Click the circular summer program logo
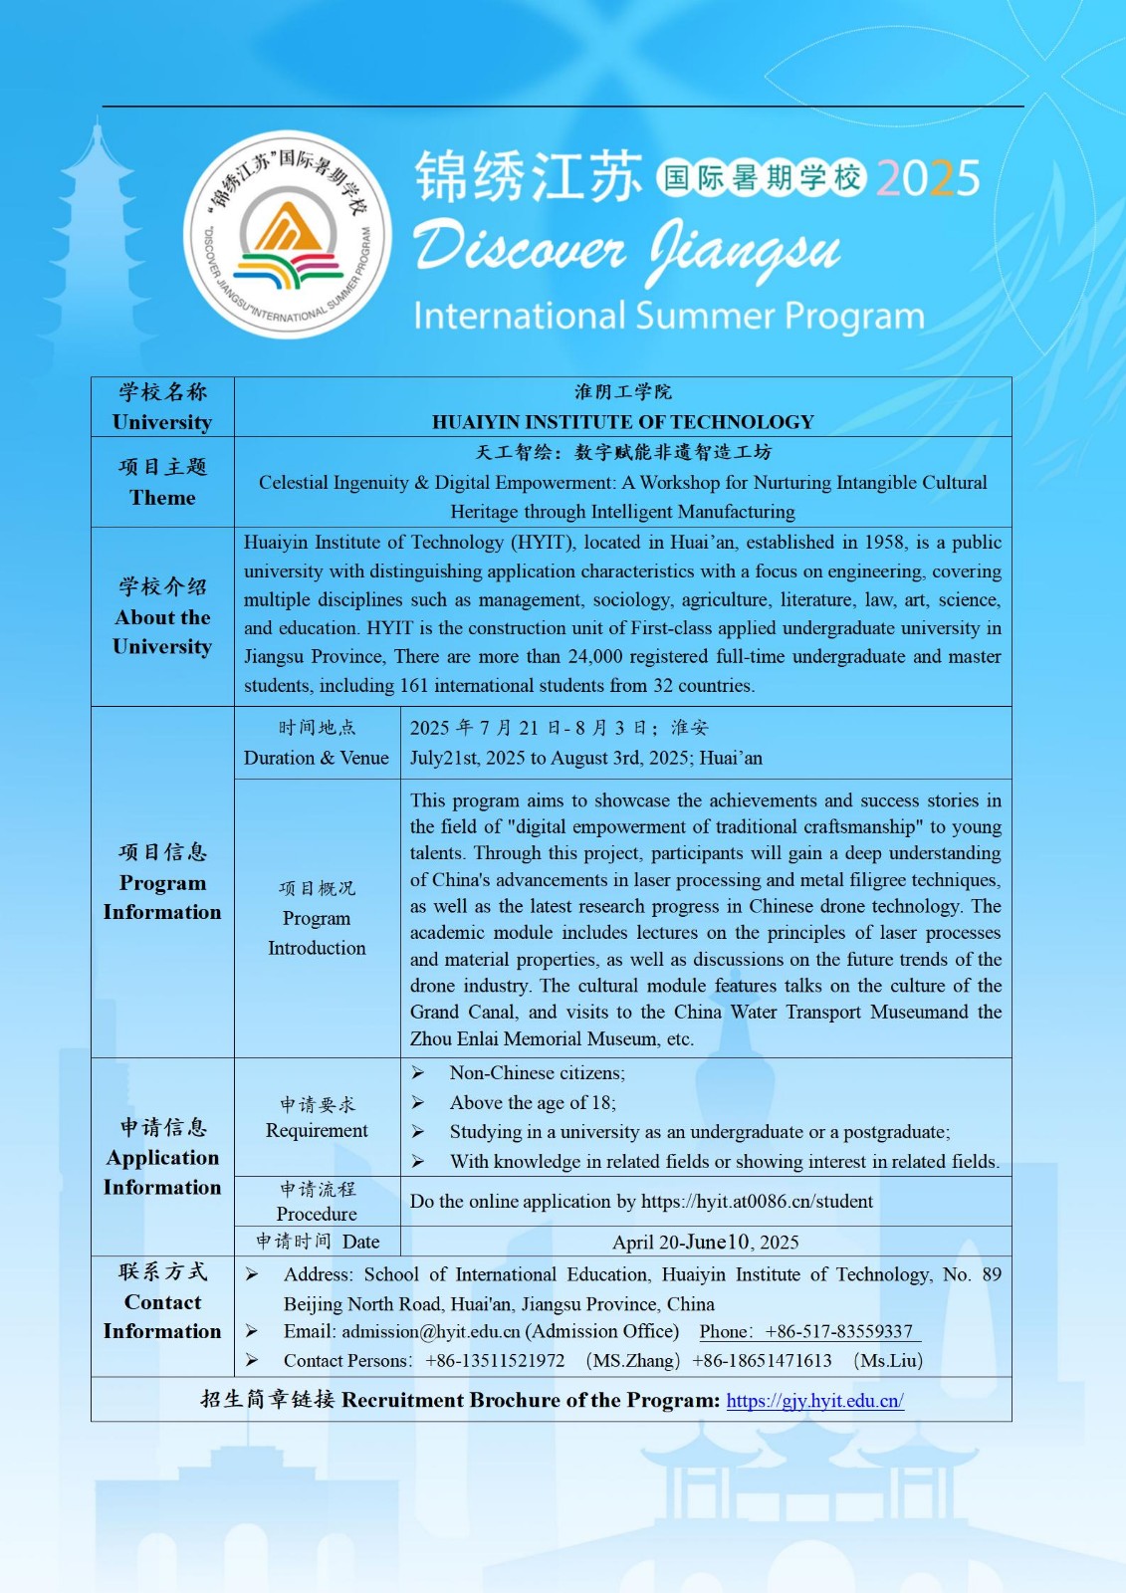[287, 236]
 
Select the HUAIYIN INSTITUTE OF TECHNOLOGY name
[622, 422]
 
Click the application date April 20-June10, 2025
[705, 1242]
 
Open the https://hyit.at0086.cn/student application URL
[757, 1202]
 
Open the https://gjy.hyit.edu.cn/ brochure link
[814, 1401]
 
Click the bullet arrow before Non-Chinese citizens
[418, 1073]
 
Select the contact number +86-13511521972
[495, 1361]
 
